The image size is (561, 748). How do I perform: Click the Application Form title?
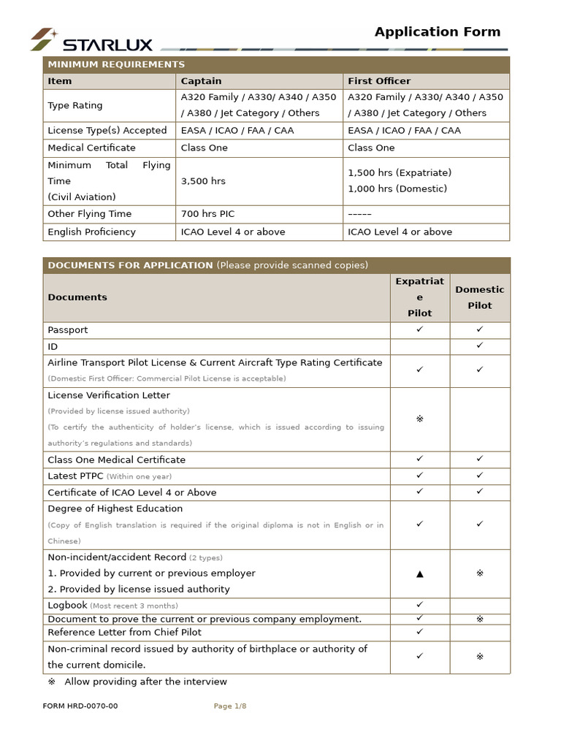[438, 31]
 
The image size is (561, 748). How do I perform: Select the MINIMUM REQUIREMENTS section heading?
[116, 64]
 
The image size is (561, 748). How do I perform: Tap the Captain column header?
[201, 81]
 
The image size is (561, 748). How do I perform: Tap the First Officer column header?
[379, 81]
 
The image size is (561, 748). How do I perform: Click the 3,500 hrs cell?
[203, 181]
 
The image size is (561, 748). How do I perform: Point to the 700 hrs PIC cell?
[207, 214]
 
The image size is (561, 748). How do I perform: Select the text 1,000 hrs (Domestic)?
[397, 189]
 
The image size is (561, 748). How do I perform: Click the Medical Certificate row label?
[91, 148]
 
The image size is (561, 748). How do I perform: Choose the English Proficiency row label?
[91, 232]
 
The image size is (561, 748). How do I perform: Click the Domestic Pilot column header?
[479, 297]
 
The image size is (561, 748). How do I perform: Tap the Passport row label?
[68, 330]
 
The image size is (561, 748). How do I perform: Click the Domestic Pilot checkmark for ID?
[480, 346]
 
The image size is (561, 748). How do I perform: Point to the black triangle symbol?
[419, 573]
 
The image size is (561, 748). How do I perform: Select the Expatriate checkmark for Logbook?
[419, 605]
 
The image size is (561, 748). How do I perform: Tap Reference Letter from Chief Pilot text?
[124, 633]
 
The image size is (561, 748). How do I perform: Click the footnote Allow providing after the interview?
[145, 682]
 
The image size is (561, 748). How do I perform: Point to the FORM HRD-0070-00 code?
[80, 706]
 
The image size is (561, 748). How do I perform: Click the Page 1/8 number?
[229, 706]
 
